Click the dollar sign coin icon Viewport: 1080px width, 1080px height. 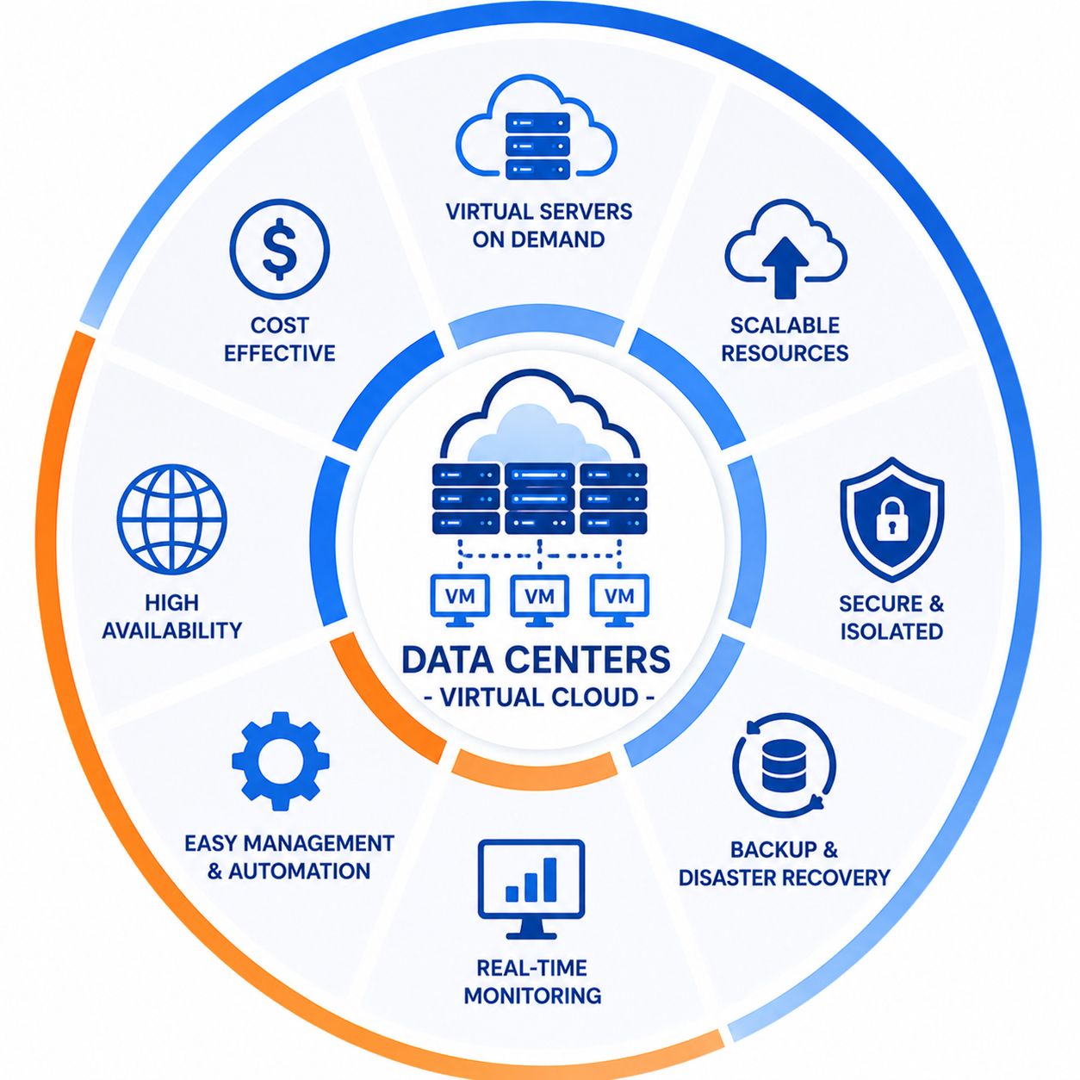[x=280, y=249]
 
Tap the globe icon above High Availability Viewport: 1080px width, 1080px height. [x=172, y=518]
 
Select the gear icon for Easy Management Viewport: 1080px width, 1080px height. [x=280, y=761]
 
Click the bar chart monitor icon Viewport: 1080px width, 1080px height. [x=531, y=889]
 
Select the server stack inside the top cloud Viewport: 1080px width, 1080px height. [x=537, y=146]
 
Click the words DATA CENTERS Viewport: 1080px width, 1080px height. [x=537, y=659]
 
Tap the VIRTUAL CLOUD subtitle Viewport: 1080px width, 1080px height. [x=539, y=698]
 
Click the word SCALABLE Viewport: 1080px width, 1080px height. [x=785, y=325]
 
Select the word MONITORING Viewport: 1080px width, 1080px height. [x=532, y=996]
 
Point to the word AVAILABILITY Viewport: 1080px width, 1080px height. [x=171, y=630]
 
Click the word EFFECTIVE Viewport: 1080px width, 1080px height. [x=280, y=353]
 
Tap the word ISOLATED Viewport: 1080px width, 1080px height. [x=891, y=631]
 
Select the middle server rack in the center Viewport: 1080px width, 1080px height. [x=540, y=499]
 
